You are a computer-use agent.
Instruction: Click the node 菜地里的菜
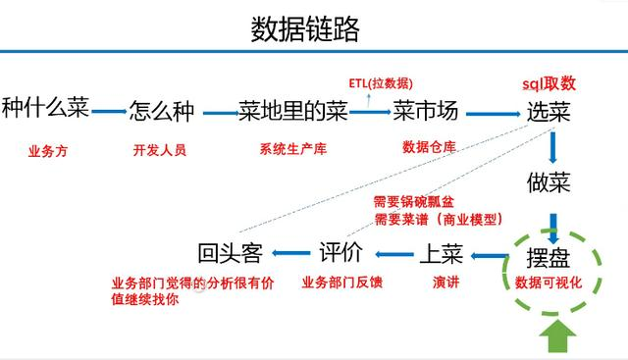(x=293, y=110)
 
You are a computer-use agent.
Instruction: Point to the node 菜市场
(x=425, y=110)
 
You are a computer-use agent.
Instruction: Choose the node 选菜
(x=549, y=111)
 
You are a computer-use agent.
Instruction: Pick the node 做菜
(x=549, y=181)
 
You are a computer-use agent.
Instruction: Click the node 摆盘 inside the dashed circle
(x=547, y=257)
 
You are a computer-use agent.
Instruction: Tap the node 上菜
(x=443, y=253)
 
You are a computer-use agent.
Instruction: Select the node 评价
(x=341, y=253)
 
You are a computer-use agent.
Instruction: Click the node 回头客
(x=231, y=253)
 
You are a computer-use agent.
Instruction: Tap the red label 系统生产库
(x=291, y=150)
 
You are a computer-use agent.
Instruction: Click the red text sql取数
(x=549, y=84)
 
